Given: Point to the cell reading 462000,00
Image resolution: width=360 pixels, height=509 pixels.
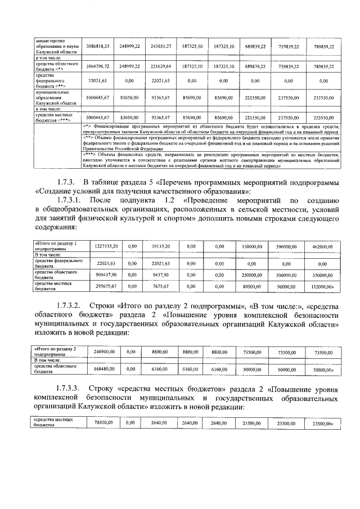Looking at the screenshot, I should (x=322, y=246).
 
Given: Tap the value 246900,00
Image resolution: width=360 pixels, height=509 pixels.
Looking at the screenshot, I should (x=104, y=352).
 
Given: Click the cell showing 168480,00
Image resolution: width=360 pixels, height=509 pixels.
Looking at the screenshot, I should (x=104, y=369).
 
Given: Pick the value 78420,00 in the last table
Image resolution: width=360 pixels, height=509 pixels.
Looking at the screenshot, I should (x=104, y=422).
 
